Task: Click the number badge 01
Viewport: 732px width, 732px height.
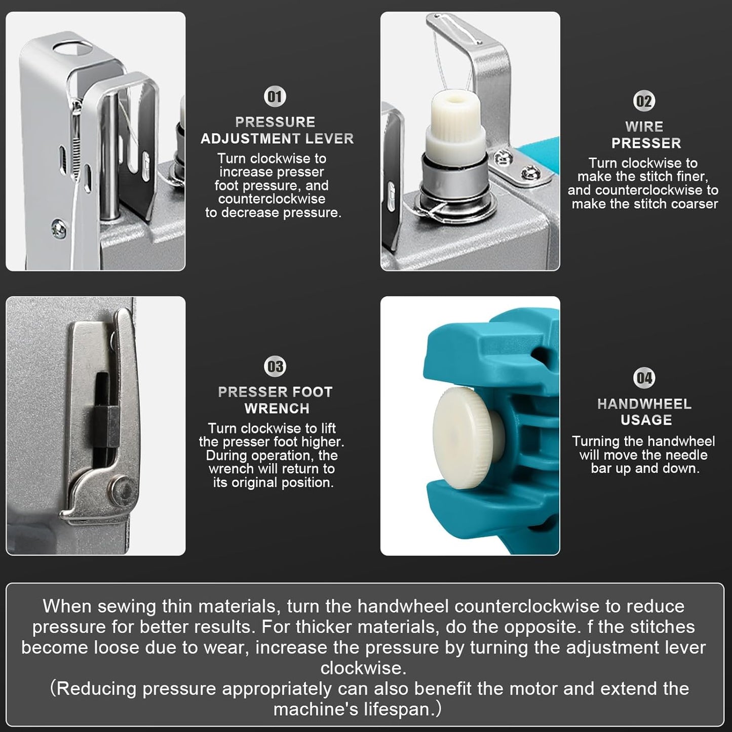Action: [275, 96]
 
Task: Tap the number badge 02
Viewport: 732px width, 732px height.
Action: [644, 101]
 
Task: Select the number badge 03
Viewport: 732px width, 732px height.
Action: [275, 367]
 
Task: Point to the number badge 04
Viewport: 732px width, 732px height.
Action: [644, 378]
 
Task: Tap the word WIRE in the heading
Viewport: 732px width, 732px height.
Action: [644, 127]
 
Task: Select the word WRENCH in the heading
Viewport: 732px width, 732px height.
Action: [277, 409]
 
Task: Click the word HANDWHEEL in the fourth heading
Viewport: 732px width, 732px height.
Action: [644, 404]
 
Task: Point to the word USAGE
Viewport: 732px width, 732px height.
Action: [646, 420]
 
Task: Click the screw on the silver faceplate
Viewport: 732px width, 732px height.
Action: [59, 229]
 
